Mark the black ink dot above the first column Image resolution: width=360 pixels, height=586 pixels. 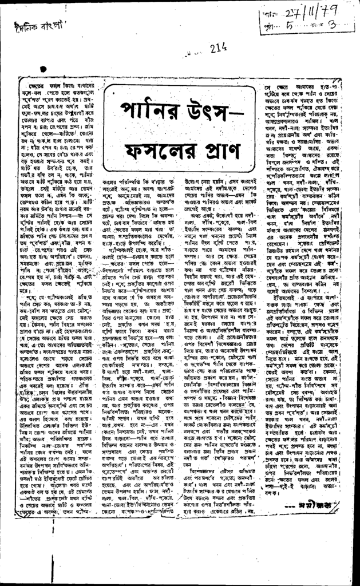click(x=43, y=70)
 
